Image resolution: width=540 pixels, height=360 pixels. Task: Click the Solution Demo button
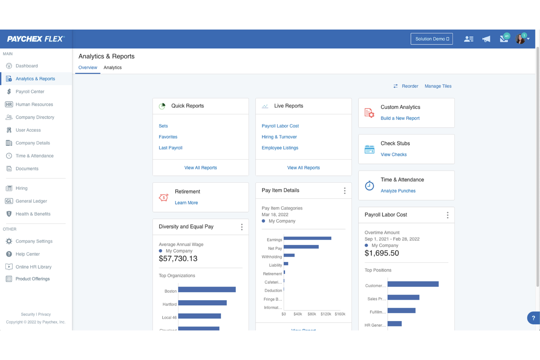[x=432, y=39]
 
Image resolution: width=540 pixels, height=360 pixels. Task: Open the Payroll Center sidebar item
[x=30, y=92]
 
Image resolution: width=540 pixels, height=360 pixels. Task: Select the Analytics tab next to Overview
[x=112, y=67]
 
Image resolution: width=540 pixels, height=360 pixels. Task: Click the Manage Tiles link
[x=438, y=86]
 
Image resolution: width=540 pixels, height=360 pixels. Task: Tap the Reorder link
[x=409, y=86]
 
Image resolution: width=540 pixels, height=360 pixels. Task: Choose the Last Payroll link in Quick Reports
[x=170, y=148]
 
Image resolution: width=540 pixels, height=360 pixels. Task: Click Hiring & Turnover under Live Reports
[x=279, y=137]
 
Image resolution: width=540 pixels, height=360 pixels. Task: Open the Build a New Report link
[x=400, y=118]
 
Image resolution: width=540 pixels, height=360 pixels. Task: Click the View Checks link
[x=393, y=155]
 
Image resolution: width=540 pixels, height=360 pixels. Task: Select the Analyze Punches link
[x=398, y=191]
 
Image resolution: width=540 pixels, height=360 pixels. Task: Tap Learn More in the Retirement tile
[x=186, y=203]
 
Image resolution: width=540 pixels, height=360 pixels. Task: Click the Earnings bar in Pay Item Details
[x=307, y=239]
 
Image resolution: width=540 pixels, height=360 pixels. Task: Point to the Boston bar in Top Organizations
[x=207, y=290]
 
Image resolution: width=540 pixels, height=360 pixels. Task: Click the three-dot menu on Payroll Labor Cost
[x=447, y=215]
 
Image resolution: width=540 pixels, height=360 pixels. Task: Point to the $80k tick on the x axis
[x=312, y=314]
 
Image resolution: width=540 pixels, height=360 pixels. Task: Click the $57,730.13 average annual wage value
[x=178, y=259]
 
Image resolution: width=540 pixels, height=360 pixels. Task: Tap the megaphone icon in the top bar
[x=486, y=39]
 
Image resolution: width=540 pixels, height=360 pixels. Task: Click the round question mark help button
[x=533, y=318]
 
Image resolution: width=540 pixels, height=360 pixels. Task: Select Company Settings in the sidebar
[x=34, y=241]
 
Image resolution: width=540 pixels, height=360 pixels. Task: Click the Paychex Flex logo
[x=36, y=39]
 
